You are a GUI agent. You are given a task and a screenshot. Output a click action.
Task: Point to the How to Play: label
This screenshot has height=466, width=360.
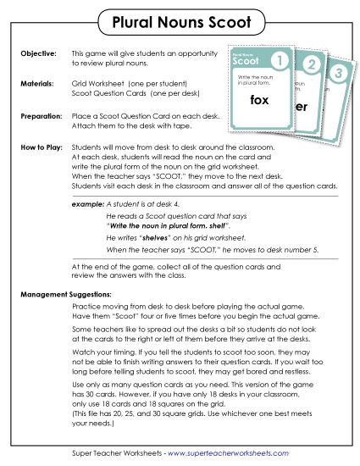[39, 147]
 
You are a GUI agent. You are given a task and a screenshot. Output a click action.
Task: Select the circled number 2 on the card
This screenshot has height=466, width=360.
[310, 66]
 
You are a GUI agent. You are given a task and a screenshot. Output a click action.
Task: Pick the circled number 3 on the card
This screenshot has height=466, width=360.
[338, 75]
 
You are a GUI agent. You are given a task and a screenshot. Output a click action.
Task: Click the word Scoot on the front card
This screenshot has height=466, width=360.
[246, 62]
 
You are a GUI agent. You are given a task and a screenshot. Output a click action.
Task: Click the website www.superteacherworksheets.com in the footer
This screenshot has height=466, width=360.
[230, 453]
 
